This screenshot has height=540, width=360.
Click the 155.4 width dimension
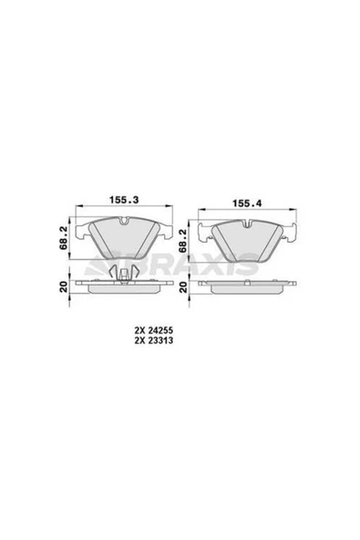pyautogui.click(x=247, y=203)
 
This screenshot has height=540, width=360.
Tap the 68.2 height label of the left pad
pyautogui.click(x=63, y=239)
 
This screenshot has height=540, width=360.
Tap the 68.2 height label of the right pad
pyautogui.click(x=183, y=241)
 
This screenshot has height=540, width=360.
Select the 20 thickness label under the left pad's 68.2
pyautogui.click(x=63, y=286)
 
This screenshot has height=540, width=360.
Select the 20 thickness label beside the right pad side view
pyautogui.click(x=183, y=286)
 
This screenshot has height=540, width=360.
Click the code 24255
pyautogui.click(x=160, y=330)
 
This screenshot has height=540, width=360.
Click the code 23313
pyautogui.click(x=160, y=340)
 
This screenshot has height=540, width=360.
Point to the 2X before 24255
pyautogui.click(x=139, y=330)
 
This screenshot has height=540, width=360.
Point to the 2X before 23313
pyautogui.click(x=139, y=340)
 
